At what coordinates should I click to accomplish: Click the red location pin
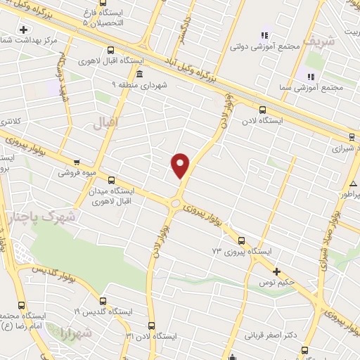[x=181, y=165]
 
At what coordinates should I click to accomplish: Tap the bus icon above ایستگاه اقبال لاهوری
[x=110, y=50]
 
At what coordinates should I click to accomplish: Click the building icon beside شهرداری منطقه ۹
[x=139, y=74]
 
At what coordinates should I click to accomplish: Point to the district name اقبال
[x=107, y=122]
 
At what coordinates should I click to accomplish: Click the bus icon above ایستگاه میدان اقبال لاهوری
[x=111, y=180]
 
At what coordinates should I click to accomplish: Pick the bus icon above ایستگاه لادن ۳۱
[x=152, y=325]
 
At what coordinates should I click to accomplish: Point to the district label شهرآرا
[x=72, y=333]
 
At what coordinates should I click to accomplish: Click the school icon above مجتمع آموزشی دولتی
[x=265, y=34]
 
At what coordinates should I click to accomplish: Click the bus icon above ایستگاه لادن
[x=262, y=110]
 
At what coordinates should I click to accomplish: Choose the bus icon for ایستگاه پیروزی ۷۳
[x=242, y=240]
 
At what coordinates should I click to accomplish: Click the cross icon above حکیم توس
[x=277, y=271]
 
